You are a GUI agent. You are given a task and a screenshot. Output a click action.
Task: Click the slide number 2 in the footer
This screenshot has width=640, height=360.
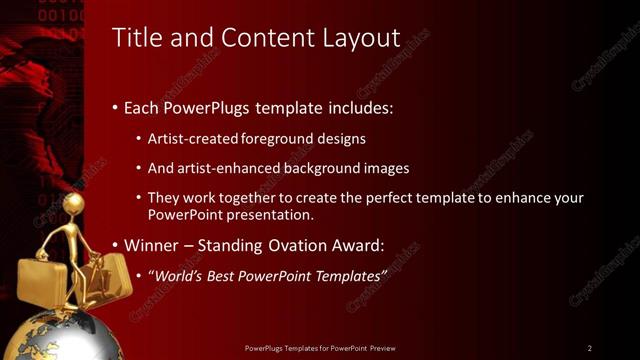[x=589, y=348]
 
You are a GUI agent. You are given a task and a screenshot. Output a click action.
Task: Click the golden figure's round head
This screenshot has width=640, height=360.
[x=72, y=204]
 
